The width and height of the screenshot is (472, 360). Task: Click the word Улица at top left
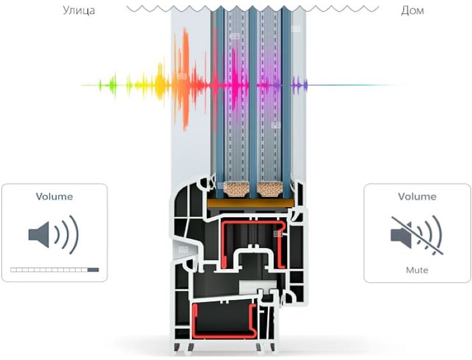pyautogui.click(x=78, y=11)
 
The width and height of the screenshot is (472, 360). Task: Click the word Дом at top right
pyautogui.click(x=412, y=11)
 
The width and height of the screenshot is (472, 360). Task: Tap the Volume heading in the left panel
pyautogui.click(x=54, y=196)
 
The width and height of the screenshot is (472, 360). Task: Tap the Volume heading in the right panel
pyautogui.click(x=417, y=196)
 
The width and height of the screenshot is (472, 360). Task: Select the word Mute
pyautogui.click(x=417, y=270)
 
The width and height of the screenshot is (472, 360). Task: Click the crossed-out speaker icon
pyautogui.click(x=417, y=235)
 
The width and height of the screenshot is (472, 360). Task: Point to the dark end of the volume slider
pyautogui.click(x=93, y=270)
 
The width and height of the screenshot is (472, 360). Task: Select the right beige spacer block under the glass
pyautogui.click(x=271, y=189)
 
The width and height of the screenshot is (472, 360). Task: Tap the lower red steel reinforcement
pyautogui.click(x=195, y=322)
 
